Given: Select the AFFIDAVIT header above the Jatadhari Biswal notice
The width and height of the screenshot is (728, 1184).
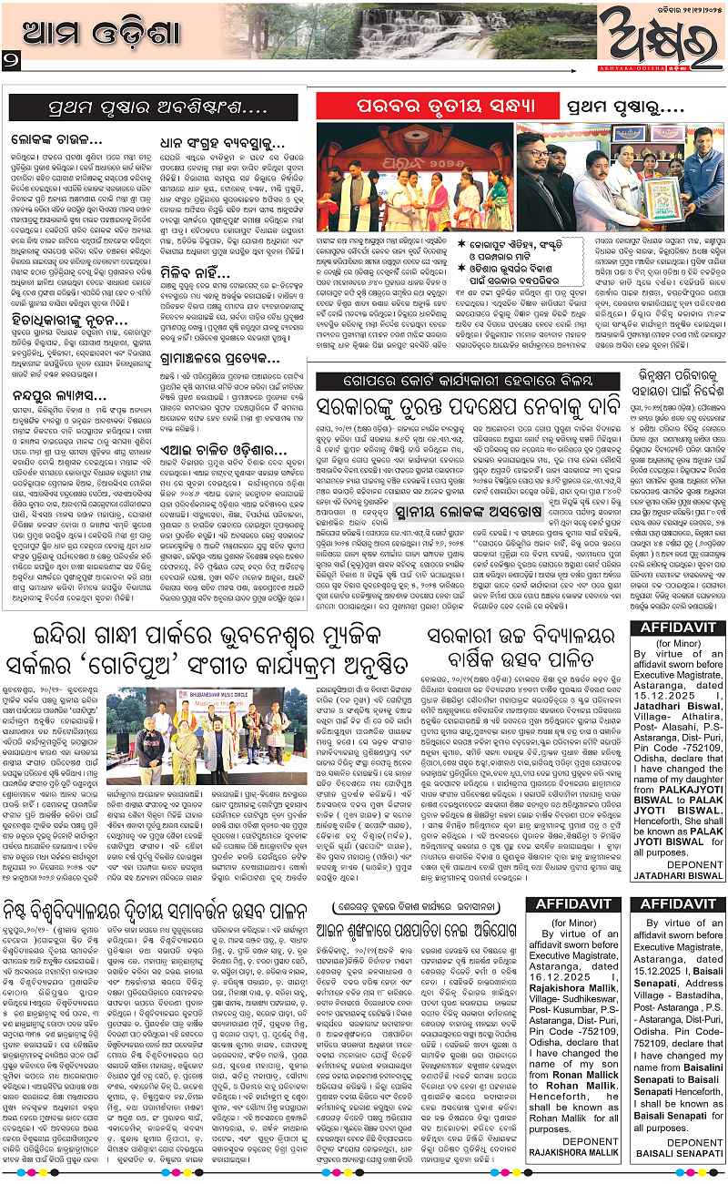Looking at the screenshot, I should tap(677, 628).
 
